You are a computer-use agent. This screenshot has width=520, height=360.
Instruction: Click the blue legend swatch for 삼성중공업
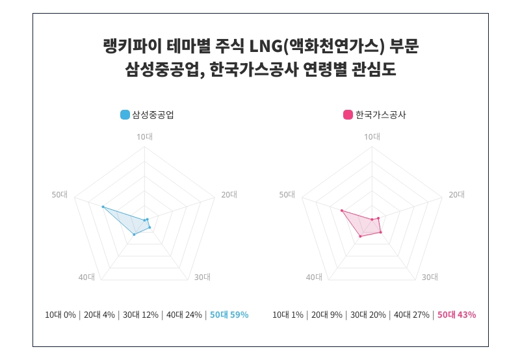point(125,115)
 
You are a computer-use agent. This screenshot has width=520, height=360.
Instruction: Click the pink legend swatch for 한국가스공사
point(348,115)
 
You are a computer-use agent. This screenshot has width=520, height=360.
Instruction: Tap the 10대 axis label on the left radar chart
point(144,136)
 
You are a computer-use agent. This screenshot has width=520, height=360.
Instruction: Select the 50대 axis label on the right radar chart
point(287,194)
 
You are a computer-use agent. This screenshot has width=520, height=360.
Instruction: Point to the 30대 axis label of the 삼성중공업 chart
point(202,277)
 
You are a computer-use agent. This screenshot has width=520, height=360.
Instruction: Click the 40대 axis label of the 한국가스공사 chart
point(314,277)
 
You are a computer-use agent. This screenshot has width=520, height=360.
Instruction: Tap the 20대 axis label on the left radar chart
point(229,194)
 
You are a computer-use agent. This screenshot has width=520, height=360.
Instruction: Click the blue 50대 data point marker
point(103,207)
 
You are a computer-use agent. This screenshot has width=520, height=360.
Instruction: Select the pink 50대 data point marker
point(341,211)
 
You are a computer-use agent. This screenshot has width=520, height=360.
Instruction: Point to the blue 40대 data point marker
point(134,234)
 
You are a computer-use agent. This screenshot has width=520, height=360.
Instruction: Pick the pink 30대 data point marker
point(380,232)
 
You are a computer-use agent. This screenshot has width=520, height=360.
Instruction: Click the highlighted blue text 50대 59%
point(229,315)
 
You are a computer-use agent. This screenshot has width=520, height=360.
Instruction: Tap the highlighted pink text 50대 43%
point(456,315)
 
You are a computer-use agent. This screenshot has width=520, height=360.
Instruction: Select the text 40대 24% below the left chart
point(184,315)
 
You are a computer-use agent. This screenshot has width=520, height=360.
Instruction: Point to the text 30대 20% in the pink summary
point(369,315)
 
